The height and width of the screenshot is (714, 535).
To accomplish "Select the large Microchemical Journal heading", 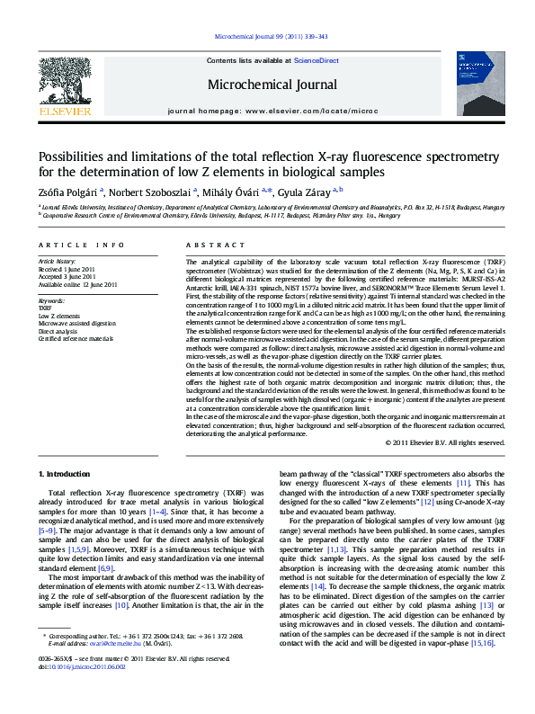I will [x=266, y=85].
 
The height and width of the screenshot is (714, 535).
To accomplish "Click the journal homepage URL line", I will [x=266, y=111].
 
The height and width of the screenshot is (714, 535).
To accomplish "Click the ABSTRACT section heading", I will [x=210, y=245].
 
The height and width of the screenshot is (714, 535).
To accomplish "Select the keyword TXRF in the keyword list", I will [x=47, y=308].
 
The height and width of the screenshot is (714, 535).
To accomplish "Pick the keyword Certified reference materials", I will [x=76, y=338].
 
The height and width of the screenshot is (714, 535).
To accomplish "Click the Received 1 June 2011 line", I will [x=67, y=269].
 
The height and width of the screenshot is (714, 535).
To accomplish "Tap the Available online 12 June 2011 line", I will [x=78, y=284].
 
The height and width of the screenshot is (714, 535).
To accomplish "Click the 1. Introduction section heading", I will [x=70, y=473].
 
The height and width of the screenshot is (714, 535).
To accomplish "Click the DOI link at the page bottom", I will [x=81, y=693].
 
